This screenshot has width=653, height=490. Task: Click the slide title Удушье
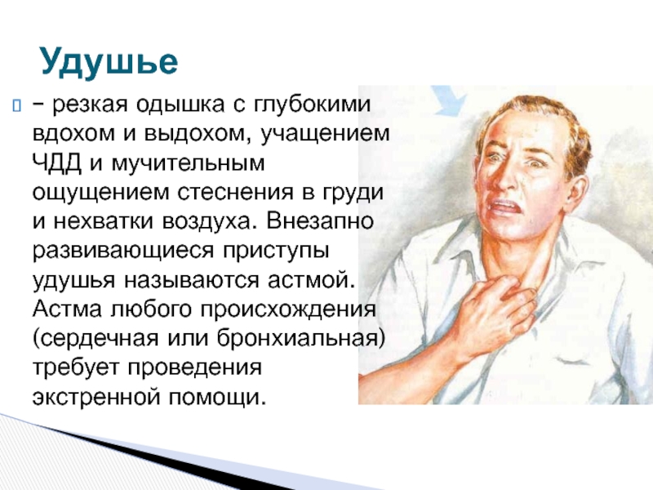(109, 63)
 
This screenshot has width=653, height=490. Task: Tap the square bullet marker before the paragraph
(16, 105)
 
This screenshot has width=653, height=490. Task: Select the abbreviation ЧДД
(57, 163)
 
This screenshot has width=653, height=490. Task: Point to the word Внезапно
(320, 220)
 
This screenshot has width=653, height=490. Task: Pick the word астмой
(311, 279)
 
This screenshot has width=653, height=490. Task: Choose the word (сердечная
(96, 338)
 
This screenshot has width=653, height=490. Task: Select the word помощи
(217, 397)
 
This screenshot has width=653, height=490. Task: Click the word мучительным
(189, 163)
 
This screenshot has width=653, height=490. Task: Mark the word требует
(76, 367)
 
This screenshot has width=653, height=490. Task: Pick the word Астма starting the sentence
(67, 309)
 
